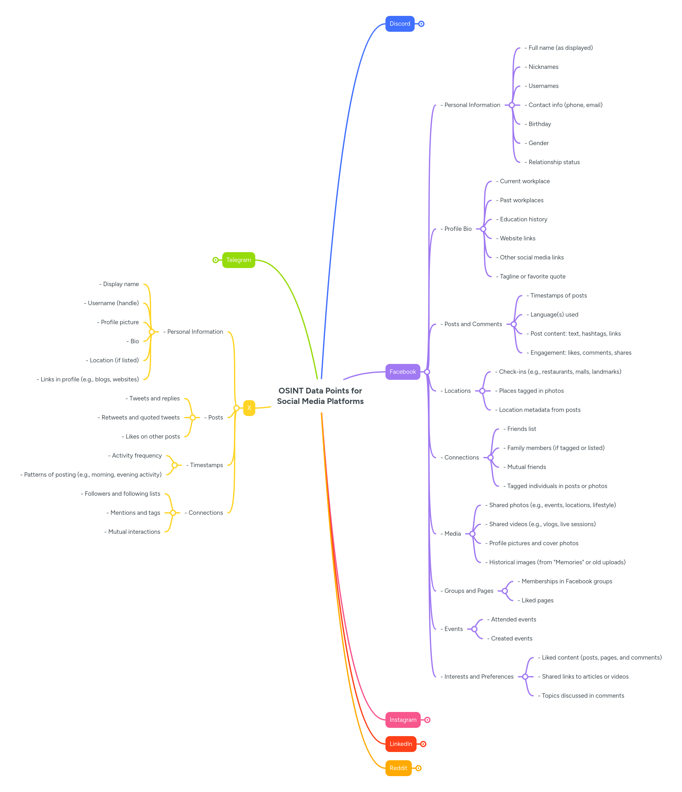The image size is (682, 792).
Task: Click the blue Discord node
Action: (x=400, y=24)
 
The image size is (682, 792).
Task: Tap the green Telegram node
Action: (x=238, y=260)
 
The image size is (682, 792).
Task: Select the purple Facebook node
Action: (x=402, y=372)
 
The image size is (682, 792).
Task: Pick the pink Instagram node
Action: (x=403, y=720)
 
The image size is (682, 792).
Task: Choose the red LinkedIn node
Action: (x=400, y=744)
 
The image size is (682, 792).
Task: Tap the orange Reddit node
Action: (x=398, y=768)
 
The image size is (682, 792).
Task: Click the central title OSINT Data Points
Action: (x=320, y=396)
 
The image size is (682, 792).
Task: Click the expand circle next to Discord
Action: (x=421, y=24)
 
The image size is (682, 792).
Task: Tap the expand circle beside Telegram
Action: (x=216, y=260)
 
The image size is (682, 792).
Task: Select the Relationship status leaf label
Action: (x=554, y=162)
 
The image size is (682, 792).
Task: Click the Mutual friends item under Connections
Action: (x=526, y=467)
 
